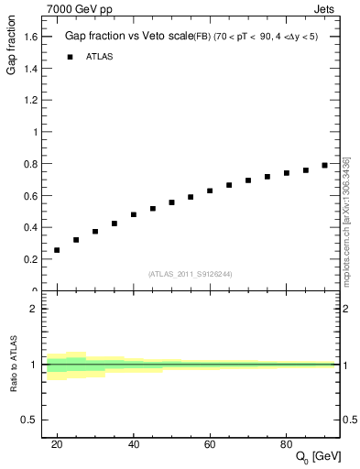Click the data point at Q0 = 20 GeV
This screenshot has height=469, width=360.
(x=57, y=250)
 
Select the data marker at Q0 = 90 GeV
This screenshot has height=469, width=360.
(x=324, y=166)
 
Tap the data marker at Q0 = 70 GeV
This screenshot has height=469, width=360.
(x=248, y=180)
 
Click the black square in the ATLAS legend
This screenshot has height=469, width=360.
(x=69, y=57)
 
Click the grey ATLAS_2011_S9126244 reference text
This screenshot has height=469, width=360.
(x=191, y=273)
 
